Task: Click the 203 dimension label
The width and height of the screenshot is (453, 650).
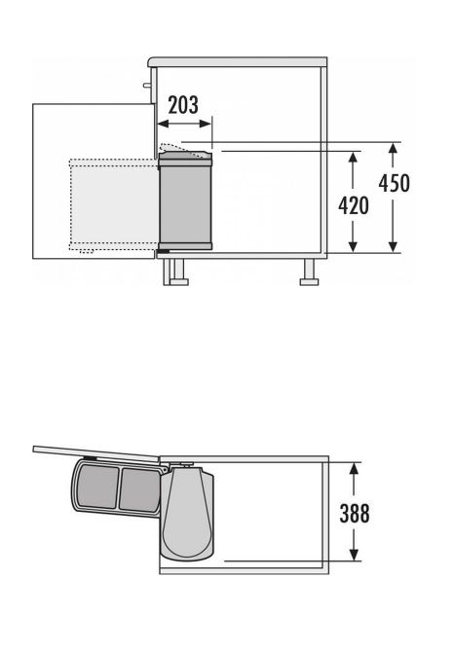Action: (183, 105)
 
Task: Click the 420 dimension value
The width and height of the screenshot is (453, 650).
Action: (354, 205)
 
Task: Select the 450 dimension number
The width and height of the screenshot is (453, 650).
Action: (394, 183)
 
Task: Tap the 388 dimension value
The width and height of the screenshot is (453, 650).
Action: (355, 513)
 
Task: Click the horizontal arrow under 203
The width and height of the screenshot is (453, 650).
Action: (185, 124)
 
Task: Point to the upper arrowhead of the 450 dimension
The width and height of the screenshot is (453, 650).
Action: (394, 149)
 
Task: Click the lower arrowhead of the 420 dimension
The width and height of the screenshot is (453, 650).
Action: (353, 245)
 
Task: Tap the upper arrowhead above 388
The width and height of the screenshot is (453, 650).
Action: (354, 469)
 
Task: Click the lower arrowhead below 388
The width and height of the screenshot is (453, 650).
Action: (354, 555)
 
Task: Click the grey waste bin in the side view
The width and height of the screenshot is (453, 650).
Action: (185, 201)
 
